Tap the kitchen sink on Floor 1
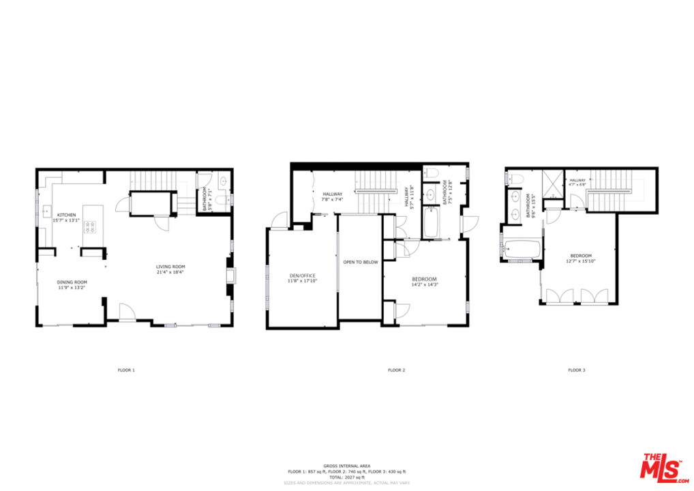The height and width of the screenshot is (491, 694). (x=47, y=210)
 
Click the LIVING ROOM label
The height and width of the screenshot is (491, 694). (x=170, y=267)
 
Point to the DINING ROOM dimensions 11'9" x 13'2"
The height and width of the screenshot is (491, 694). (x=72, y=288)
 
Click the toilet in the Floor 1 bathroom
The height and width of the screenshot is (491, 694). (x=224, y=182)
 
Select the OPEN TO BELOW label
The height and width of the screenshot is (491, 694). (x=361, y=262)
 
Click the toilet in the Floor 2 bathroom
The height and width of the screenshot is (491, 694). (x=430, y=174)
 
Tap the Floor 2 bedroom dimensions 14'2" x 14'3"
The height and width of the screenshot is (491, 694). (x=424, y=285)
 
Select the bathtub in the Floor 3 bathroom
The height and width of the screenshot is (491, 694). (x=521, y=250)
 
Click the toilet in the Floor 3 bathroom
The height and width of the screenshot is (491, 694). (x=516, y=179)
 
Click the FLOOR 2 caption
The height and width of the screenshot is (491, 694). (x=396, y=370)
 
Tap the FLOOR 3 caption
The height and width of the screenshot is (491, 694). (x=576, y=370)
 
